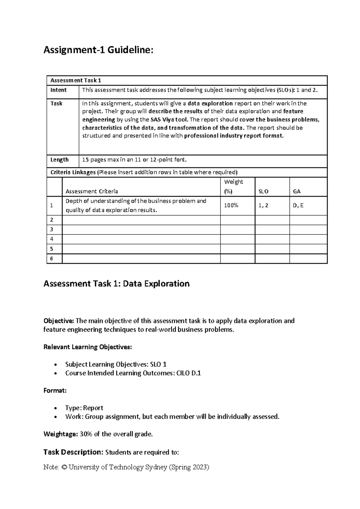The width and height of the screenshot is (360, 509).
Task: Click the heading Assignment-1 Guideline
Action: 98,50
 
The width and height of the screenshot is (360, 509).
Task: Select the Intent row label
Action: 58,90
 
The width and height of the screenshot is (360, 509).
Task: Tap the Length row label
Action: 59,160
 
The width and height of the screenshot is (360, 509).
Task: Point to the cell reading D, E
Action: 298,205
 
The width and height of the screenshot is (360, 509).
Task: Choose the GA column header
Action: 296,191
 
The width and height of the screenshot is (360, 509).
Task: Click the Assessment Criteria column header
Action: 91,191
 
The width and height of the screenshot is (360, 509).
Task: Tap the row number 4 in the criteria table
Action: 52,239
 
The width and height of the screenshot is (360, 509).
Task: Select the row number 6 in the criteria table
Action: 52,258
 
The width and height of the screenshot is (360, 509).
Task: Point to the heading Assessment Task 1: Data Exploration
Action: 116,284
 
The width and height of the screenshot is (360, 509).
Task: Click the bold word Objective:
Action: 58,321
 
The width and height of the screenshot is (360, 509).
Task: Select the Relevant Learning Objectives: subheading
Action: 88,347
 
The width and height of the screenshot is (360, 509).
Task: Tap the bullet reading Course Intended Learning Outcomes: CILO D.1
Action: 133,373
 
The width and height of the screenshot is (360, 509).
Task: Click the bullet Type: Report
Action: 84,408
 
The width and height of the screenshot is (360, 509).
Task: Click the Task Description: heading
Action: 73,452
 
